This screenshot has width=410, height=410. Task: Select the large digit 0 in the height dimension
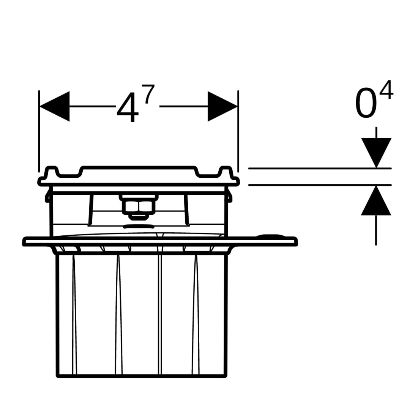pos(366,104)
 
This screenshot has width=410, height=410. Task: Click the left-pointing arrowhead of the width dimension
pos(55,106)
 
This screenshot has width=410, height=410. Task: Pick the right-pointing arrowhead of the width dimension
pos(222,106)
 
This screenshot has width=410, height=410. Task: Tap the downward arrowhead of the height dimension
pos(376,152)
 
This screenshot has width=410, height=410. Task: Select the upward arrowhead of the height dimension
pos(376,201)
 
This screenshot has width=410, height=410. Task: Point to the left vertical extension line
pos(39,131)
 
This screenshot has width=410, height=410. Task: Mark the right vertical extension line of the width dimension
pos(238,131)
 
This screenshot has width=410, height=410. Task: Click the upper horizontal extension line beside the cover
pos(319,168)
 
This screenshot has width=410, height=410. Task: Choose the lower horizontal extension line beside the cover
pos(319,185)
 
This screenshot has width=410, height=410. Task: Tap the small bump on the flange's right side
pos(270,236)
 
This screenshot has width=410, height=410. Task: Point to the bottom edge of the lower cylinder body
pos(141,376)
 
